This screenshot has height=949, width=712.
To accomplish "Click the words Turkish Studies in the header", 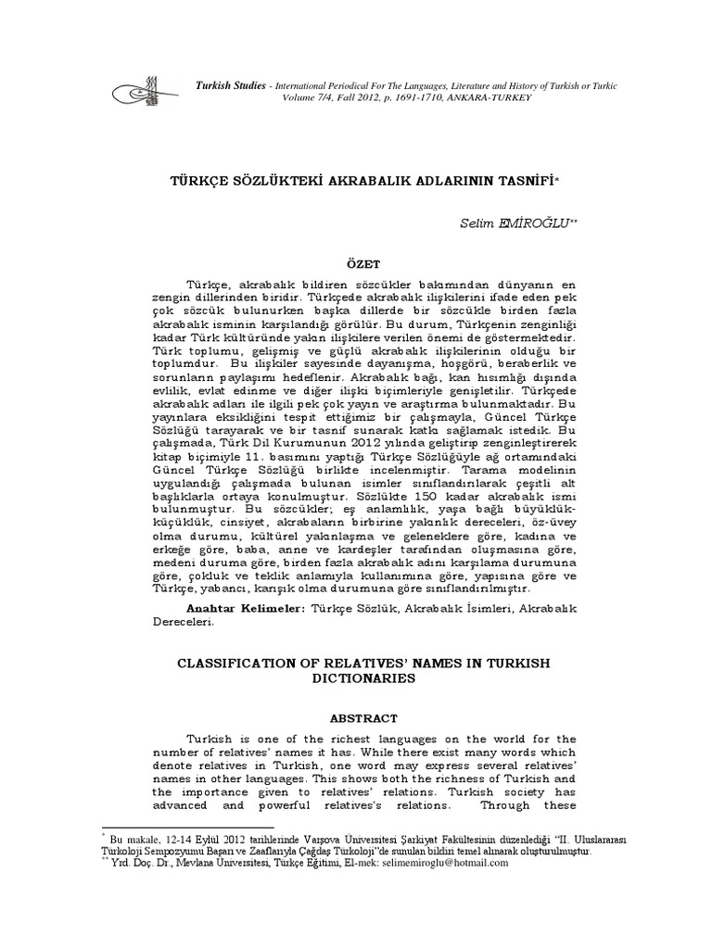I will point(229,85).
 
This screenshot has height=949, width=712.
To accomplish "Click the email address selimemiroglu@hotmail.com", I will point(441,863).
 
